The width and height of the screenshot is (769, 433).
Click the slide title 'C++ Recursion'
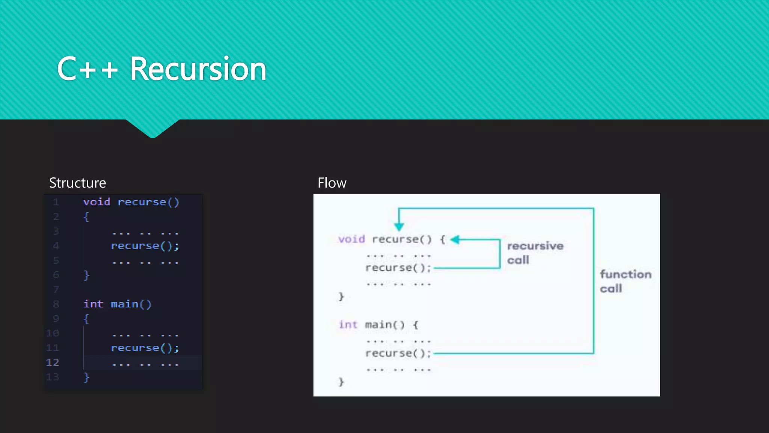161,69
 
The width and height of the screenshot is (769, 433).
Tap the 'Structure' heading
77,183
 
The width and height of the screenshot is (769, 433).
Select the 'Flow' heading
332,183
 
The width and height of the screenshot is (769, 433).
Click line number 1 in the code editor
56,202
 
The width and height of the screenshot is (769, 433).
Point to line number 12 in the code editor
53,362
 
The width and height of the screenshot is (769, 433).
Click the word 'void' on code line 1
97,202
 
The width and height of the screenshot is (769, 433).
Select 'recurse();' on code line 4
145,246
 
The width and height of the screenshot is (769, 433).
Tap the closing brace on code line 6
86,275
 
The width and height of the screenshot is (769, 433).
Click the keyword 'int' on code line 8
93,304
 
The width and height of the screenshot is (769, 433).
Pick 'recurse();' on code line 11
145,348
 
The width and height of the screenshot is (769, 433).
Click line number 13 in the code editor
53,377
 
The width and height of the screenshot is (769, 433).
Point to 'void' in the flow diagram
351,239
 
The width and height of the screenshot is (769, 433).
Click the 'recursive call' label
535,253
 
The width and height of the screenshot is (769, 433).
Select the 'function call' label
625,281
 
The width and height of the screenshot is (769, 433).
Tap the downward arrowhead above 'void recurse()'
399,226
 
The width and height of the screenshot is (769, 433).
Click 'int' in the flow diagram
348,324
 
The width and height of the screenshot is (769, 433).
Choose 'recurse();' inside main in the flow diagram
398,353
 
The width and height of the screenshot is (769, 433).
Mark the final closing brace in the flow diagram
341,382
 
